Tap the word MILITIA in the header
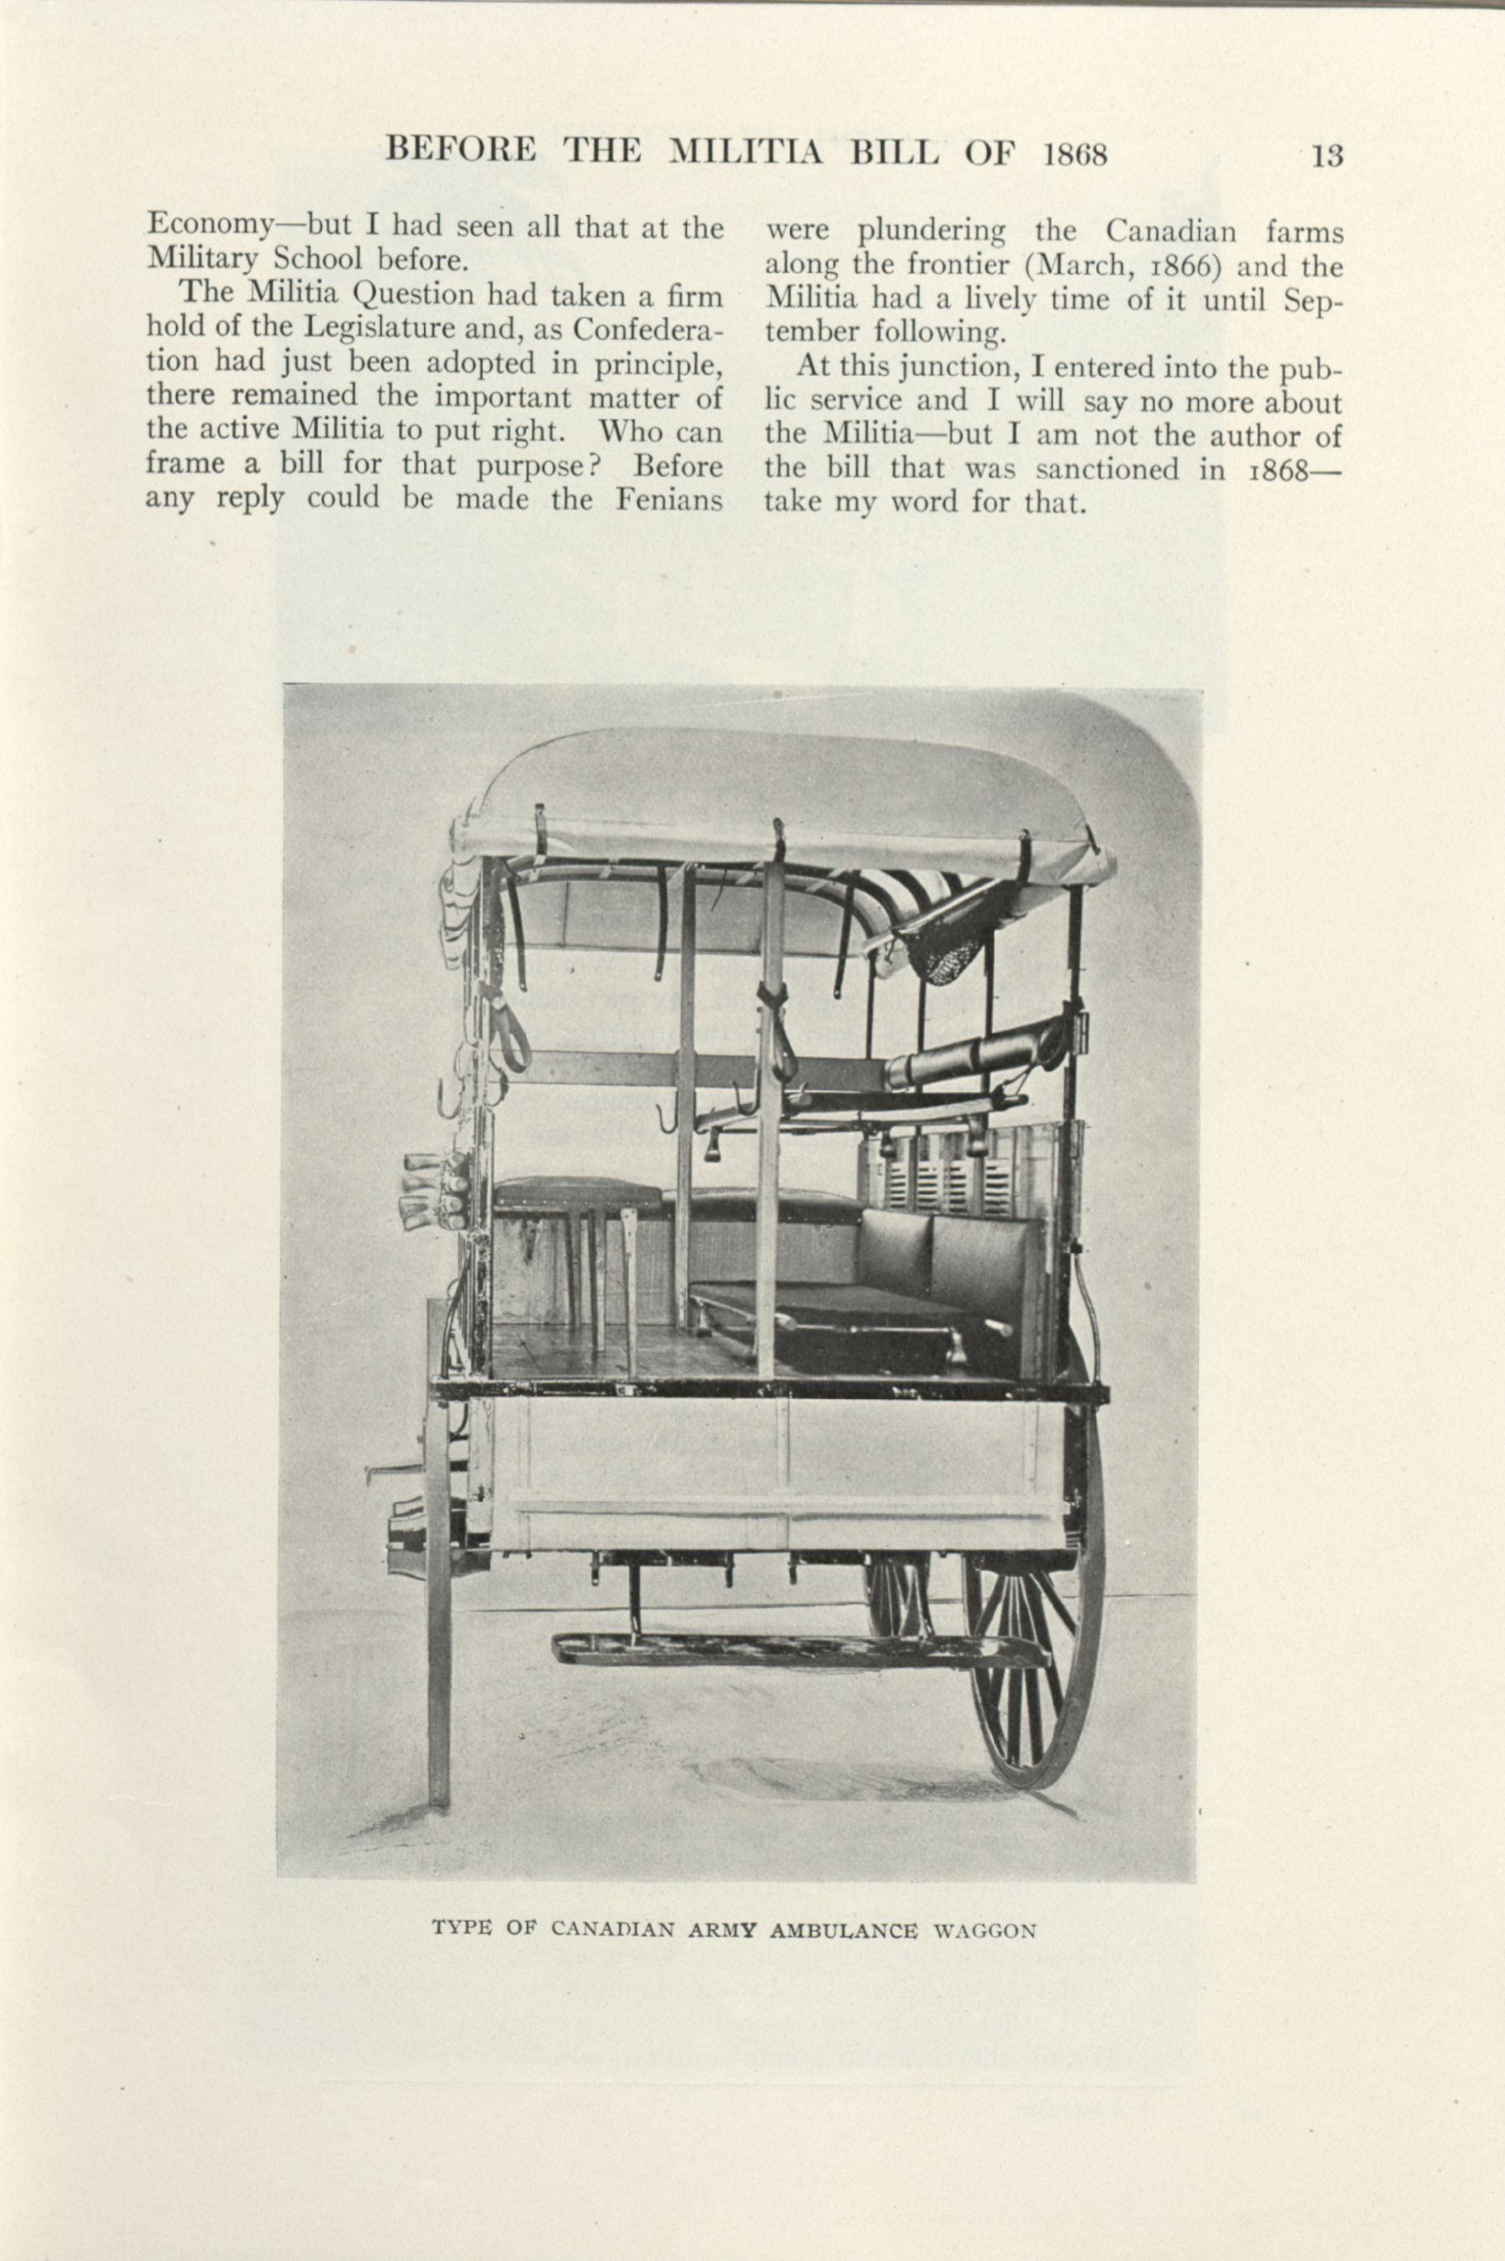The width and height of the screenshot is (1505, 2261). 745,154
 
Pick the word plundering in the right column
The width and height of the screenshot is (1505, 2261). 931,231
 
